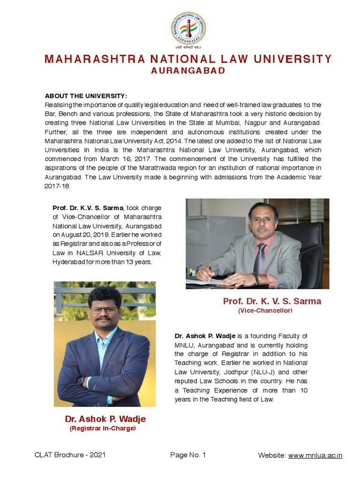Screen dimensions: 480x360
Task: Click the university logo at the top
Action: [188, 29]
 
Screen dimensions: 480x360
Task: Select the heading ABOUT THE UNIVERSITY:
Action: [86, 96]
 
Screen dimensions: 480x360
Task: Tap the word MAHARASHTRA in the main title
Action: [86, 59]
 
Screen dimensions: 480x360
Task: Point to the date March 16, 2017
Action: [129, 158]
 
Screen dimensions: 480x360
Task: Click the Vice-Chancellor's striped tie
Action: [259, 258]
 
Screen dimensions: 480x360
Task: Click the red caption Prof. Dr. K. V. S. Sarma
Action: [272, 301]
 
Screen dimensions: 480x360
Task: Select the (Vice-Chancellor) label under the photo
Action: [265, 311]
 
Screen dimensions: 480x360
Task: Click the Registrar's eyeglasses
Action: [104, 310]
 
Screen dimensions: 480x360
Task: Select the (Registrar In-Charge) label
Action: [102, 428]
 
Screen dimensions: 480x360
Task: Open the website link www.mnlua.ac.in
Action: [315, 455]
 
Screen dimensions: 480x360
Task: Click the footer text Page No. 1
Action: [188, 455]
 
